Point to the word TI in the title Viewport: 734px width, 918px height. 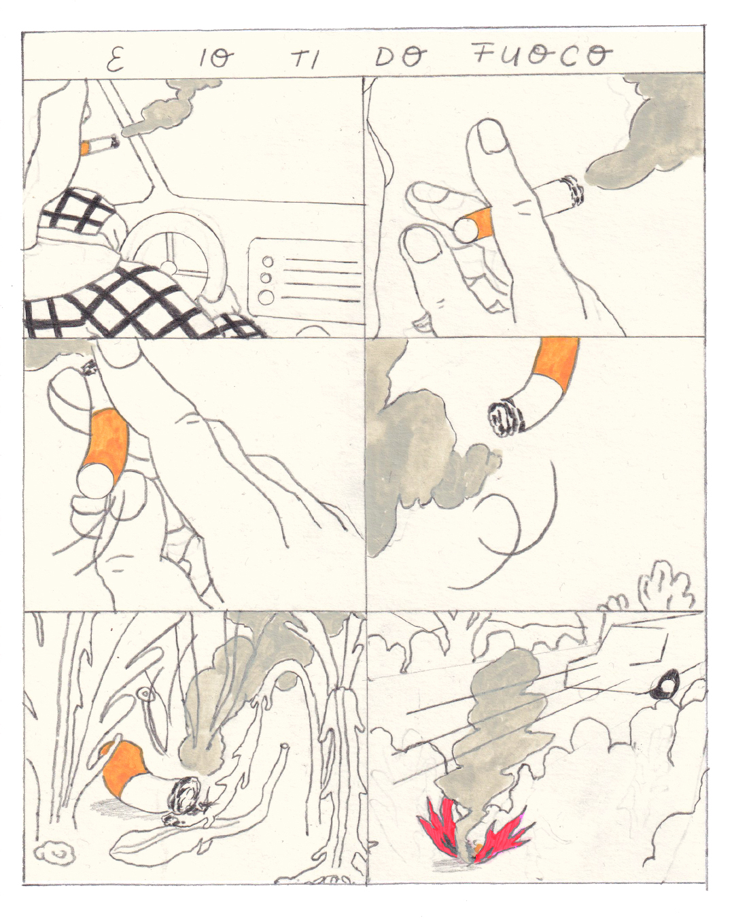point(305,61)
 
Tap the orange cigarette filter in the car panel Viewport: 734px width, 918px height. point(85,148)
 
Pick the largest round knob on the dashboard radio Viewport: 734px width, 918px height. point(268,296)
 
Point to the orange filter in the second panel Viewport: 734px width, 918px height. point(478,222)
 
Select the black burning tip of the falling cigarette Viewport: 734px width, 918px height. point(507,418)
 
